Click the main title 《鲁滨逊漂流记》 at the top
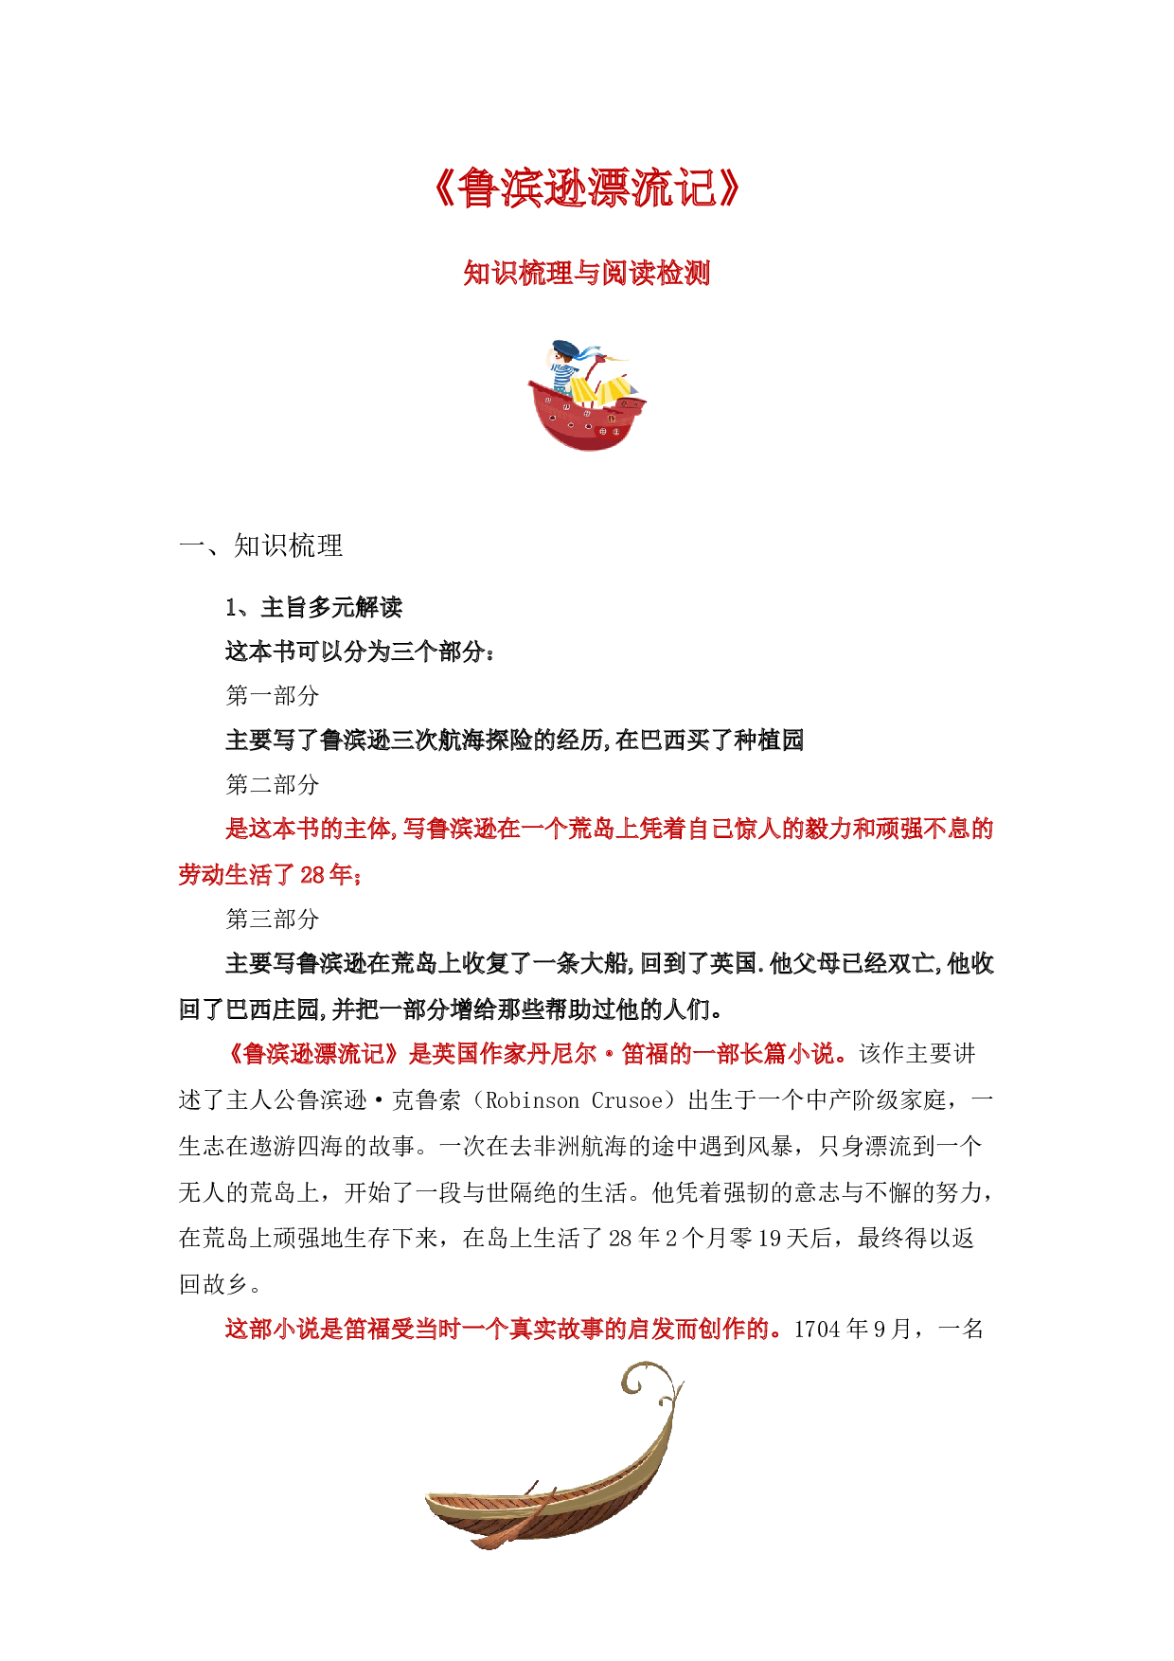(x=586, y=188)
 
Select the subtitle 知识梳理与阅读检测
(x=586, y=273)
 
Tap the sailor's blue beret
(x=565, y=347)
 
